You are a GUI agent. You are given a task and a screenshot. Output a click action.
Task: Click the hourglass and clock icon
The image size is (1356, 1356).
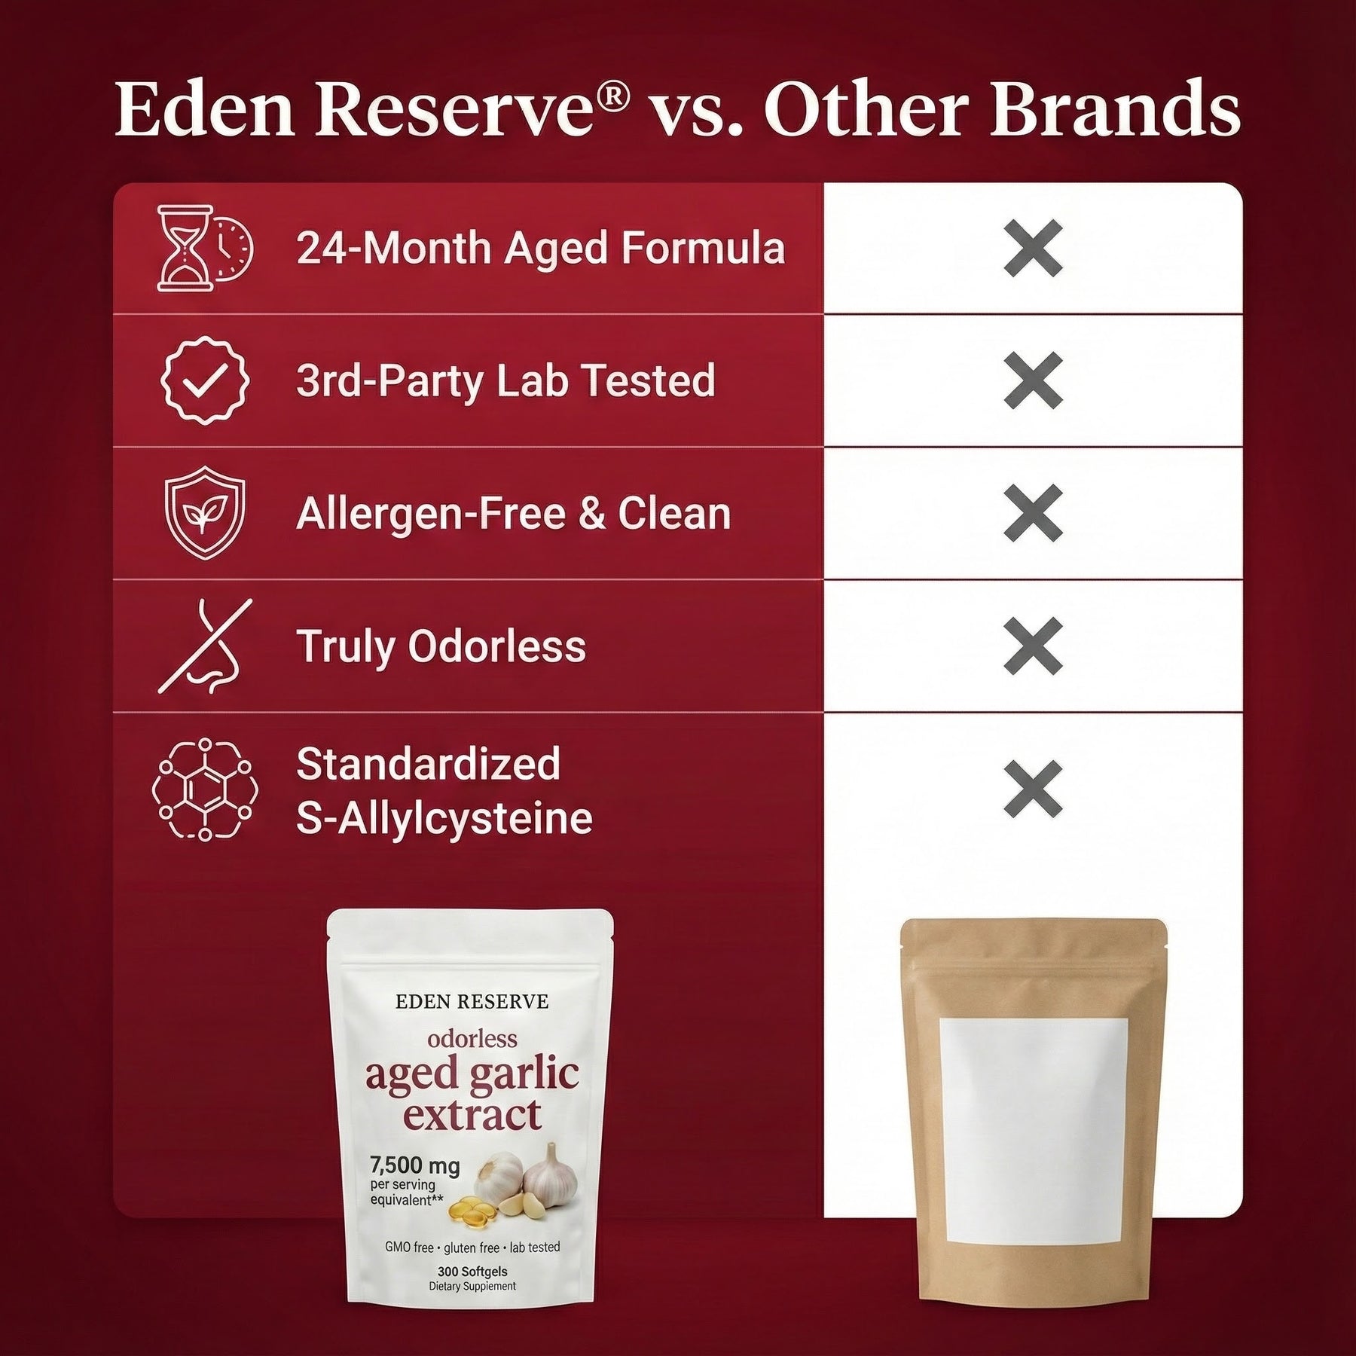[x=205, y=249]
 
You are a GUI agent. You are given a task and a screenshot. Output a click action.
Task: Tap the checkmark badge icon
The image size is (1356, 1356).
[x=205, y=380]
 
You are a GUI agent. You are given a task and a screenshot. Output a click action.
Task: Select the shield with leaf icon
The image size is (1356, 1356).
[x=205, y=513]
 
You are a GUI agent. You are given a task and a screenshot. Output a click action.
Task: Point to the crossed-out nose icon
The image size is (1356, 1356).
[x=205, y=646]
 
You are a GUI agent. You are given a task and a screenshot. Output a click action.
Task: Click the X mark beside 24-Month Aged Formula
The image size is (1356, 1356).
[x=1034, y=249]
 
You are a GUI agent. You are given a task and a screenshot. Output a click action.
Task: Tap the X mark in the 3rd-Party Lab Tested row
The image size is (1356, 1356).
[x=1034, y=380]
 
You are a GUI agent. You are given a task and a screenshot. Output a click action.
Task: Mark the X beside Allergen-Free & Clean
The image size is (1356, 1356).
[x=1034, y=513]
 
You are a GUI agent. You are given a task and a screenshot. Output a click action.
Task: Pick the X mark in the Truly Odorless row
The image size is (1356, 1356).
[x=1034, y=646]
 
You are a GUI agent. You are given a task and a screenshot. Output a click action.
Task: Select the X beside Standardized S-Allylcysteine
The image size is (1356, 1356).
[x=1034, y=789]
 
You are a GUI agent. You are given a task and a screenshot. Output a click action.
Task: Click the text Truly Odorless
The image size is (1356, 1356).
[x=441, y=647]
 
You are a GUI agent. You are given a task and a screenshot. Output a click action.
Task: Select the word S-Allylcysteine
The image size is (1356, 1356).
[x=444, y=819]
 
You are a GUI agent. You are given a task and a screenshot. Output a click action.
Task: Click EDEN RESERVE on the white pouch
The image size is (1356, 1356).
[x=472, y=1002]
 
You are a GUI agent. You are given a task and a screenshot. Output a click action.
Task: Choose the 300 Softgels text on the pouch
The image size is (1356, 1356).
[x=472, y=1272]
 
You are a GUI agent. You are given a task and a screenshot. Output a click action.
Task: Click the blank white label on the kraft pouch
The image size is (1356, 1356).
[x=1034, y=1142]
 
